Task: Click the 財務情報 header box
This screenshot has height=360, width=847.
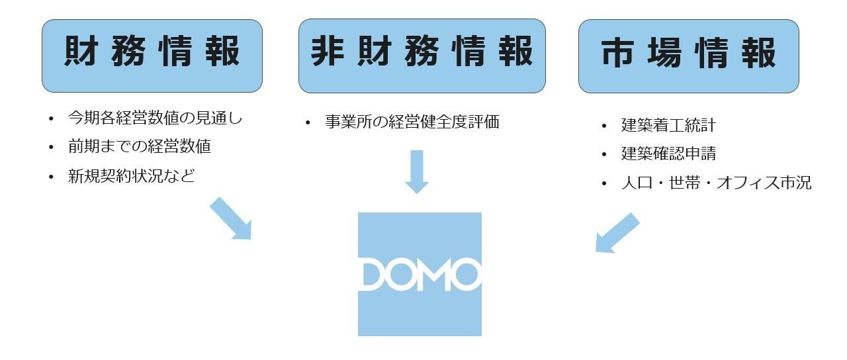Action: (152, 56)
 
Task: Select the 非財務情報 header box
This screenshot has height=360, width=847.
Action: (422, 56)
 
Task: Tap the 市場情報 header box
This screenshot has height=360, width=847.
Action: (688, 56)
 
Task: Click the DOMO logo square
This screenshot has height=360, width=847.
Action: (420, 274)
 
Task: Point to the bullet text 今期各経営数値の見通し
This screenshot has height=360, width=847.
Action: (156, 119)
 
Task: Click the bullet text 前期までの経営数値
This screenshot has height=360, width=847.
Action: (139, 147)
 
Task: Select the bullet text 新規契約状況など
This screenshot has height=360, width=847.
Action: (131, 176)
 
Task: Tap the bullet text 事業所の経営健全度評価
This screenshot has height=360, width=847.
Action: (412, 122)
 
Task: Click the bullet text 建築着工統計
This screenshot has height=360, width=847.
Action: (668, 125)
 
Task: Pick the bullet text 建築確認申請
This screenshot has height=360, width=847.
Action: (668, 154)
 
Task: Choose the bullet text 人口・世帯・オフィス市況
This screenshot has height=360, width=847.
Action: (716, 183)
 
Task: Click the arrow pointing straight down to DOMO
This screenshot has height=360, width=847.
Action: (416, 171)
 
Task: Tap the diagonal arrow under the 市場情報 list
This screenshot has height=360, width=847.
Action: (617, 232)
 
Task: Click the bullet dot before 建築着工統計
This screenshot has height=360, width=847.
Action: (603, 126)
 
